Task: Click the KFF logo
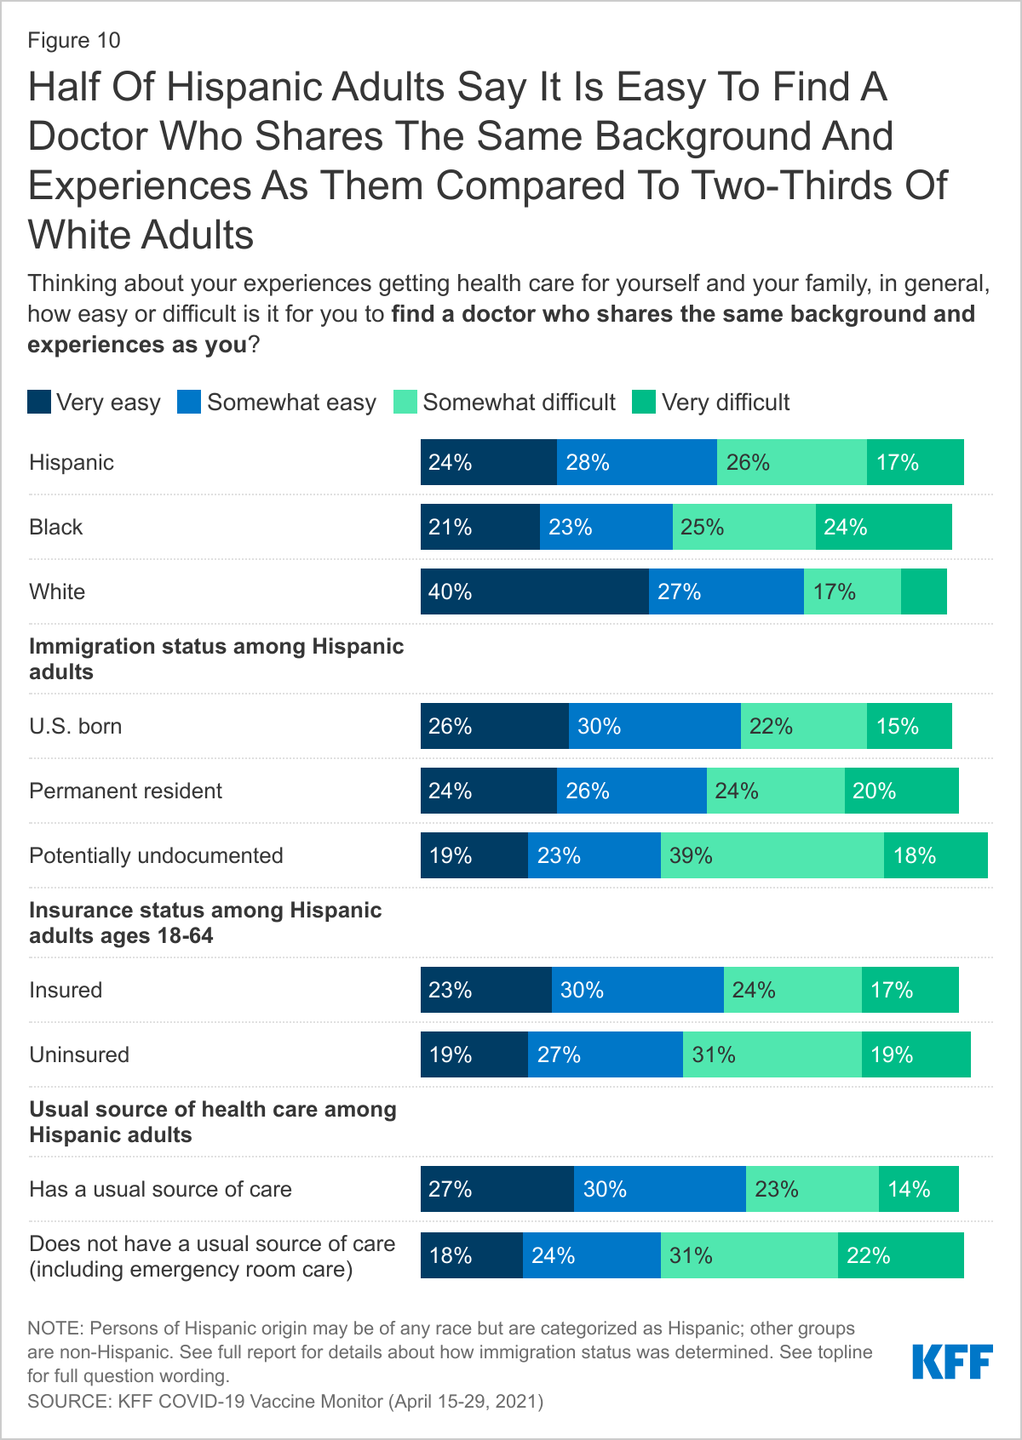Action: coord(952,1362)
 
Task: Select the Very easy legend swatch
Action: coord(39,403)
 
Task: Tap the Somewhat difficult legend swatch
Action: coord(405,403)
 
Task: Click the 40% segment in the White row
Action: coord(534,591)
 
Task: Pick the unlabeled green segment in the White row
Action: coord(924,591)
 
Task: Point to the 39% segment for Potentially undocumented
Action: coord(772,855)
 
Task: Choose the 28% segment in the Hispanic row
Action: coord(636,462)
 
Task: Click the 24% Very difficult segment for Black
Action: coord(883,527)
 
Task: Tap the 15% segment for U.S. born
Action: coord(909,726)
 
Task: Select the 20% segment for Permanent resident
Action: coord(901,791)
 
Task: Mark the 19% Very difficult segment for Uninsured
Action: coord(916,1054)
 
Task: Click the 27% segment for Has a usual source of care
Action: coord(497,1189)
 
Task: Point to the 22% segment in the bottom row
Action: coord(900,1255)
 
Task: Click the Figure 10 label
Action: coord(74,41)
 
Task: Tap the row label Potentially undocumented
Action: coord(156,855)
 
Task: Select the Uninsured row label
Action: coord(79,1054)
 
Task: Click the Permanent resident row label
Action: coord(125,791)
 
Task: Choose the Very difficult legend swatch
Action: coord(644,403)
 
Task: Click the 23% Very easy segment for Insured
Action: coord(485,990)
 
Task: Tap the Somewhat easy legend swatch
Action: coord(189,403)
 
